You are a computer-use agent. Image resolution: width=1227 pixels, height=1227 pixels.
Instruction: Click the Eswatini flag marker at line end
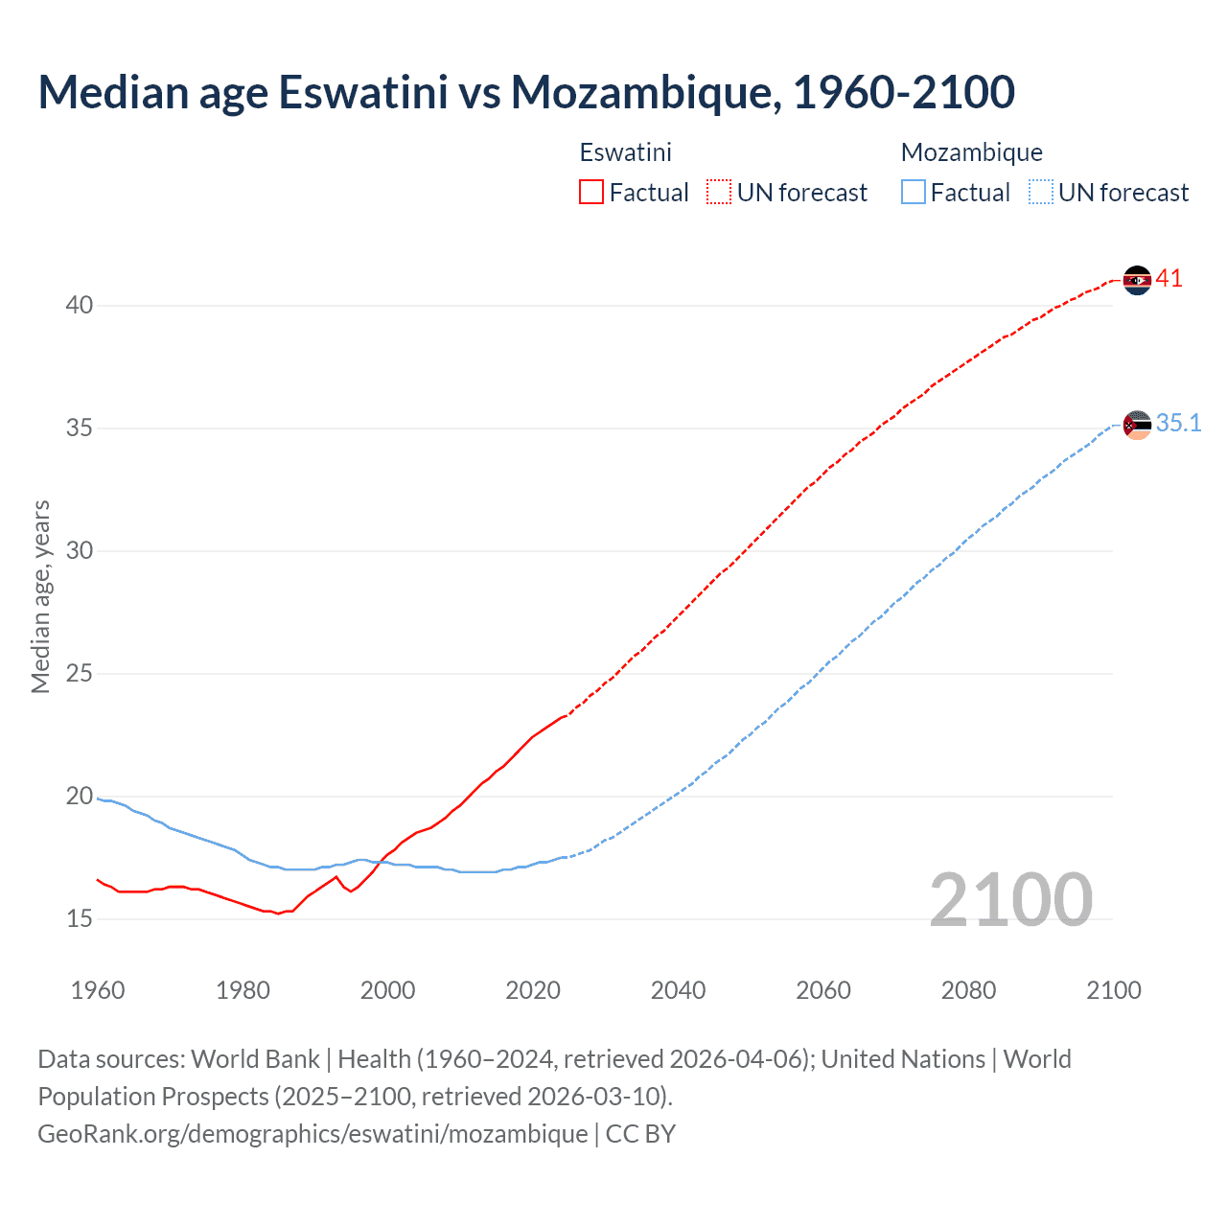(1137, 280)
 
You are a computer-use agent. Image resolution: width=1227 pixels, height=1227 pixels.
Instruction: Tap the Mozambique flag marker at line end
(1137, 425)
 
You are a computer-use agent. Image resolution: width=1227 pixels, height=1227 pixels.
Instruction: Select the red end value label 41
(1169, 279)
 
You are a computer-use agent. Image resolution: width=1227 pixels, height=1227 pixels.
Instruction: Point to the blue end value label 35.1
(1178, 424)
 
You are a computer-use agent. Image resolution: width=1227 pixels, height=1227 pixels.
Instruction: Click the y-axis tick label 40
(80, 306)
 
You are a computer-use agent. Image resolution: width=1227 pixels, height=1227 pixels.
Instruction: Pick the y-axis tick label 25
(80, 674)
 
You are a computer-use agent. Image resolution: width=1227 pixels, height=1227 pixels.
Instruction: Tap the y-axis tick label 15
(80, 919)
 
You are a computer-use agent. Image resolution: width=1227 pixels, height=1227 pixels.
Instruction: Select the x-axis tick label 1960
(98, 990)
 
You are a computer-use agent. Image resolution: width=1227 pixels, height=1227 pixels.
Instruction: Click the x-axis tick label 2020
(533, 990)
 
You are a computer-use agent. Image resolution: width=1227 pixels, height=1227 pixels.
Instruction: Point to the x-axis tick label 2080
(968, 990)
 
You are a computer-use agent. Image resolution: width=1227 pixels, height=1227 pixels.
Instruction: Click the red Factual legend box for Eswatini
(591, 193)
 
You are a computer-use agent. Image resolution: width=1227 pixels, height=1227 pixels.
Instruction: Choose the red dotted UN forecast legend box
(719, 193)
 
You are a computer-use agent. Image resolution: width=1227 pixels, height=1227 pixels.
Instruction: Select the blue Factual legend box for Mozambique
(914, 193)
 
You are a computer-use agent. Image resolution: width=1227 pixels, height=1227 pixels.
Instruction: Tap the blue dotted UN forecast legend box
(1041, 193)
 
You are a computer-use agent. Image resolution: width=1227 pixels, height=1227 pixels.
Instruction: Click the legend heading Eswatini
(625, 152)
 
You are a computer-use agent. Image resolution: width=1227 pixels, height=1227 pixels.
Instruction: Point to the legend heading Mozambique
(971, 152)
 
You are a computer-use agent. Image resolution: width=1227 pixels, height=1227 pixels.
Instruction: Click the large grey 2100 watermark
(1010, 900)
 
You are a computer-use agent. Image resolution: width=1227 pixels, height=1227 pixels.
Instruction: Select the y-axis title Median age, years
(40, 596)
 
